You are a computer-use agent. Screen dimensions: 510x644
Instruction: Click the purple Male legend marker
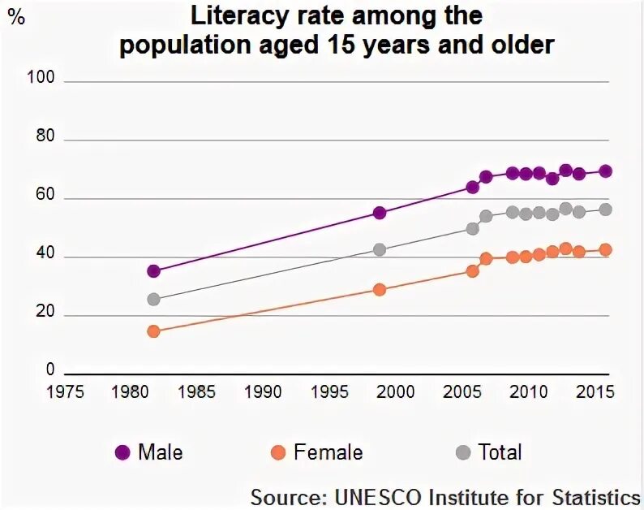pyautogui.click(x=122, y=452)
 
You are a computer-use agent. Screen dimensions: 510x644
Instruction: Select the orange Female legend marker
pyautogui.click(x=278, y=452)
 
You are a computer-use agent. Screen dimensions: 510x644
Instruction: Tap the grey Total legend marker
pyautogui.click(x=464, y=452)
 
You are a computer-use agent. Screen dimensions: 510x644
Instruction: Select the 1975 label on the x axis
pyautogui.click(x=65, y=392)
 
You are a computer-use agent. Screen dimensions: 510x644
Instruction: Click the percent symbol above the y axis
pyautogui.click(x=15, y=18)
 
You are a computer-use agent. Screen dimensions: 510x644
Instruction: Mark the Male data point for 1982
pyautogui.click(x=153, y=270)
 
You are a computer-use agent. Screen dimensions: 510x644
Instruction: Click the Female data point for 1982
pyautogui.click(x=153, y=331)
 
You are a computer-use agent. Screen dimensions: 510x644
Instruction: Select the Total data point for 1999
pyautogui.click(x=379, y=249)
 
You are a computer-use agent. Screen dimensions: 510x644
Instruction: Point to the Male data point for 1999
pyautogui.click(x=379, y=213)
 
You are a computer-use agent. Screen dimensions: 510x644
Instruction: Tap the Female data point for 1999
pyautogui.click(x=379, y=289)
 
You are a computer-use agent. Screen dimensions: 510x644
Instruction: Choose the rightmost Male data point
pyautogui.click(x=605, y=171)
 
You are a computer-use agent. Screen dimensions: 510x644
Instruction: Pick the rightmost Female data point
pyautogui.click(x=605, y=250)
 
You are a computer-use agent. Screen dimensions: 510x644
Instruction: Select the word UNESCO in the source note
pyautogui.click(x=373, y=496)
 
